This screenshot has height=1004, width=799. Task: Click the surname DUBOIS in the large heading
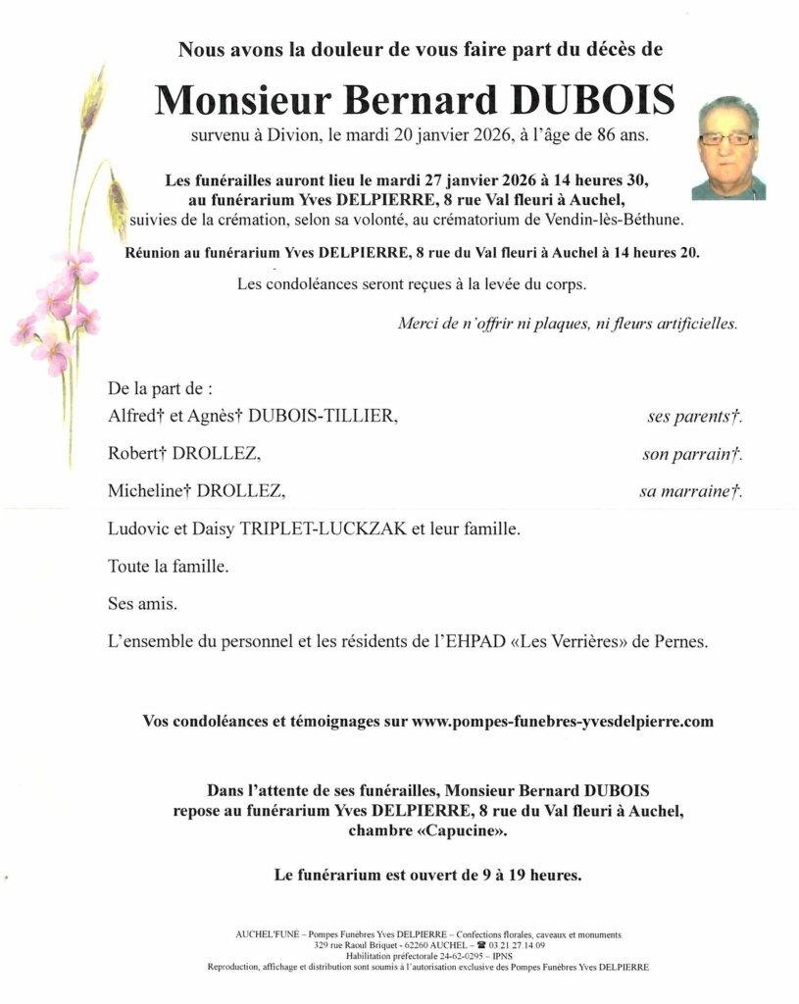pyautogui.click(x=588, y=99)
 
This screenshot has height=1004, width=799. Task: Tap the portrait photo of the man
pyautogui.click(x=728, y=148)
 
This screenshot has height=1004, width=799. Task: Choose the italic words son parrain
pyautogui.click(x=682, y=455)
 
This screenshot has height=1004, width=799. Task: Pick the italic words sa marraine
pyautogui.click(x=685, y=492)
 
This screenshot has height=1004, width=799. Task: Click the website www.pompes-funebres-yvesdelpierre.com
pyautogui.click(x=563, y=721)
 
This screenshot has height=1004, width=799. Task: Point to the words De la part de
pyautogui.click(x=160, y=388)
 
